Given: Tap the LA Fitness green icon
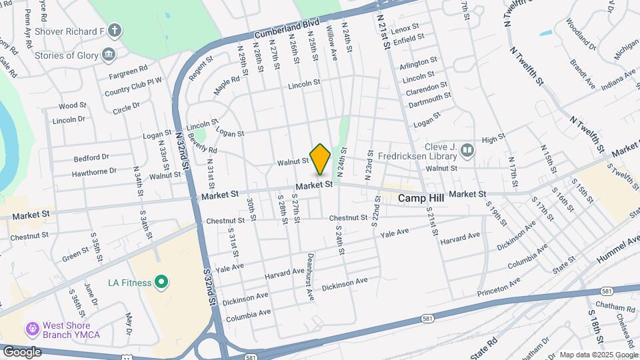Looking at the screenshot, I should (x=161, y=283).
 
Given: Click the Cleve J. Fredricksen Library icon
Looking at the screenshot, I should (x=467, y=151).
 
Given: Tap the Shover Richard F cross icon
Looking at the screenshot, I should (x=115, y=31).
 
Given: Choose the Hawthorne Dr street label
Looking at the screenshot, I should (x=95, y=171).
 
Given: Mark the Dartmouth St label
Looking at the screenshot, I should (x=430, y=99).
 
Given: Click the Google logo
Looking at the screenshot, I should (x=22, y=351).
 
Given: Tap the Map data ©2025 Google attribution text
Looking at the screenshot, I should (x=598, y=355).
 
